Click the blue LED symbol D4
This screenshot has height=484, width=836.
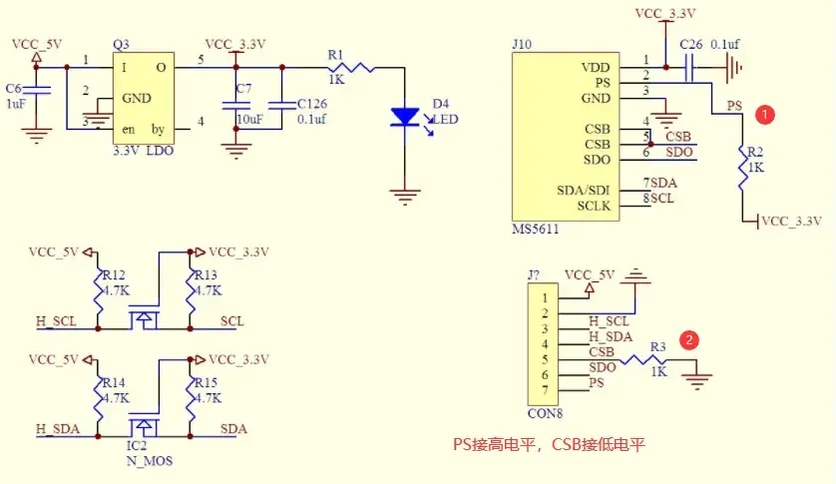coord(405,117)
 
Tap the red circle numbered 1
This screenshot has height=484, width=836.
coord(764,114)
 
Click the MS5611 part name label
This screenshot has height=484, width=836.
coord(536,230)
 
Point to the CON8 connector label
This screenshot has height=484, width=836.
coord(544,410)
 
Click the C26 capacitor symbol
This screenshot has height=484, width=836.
coord(689,68)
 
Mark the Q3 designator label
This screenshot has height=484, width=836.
coord(122,45)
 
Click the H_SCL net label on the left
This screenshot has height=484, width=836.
coord(56,321)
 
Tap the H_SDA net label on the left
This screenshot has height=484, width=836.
coord(57,428)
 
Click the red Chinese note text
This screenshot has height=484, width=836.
coord(549,443)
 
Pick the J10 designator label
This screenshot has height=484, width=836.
coord(522,45)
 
